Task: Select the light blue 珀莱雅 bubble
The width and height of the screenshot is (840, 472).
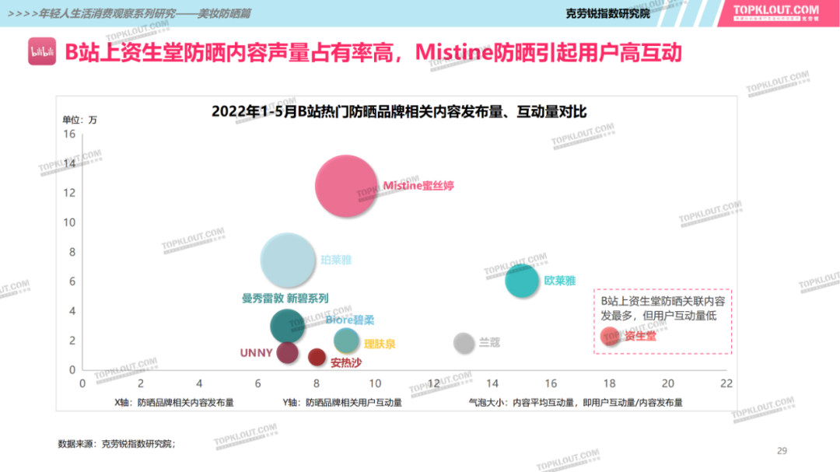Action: point(289,260)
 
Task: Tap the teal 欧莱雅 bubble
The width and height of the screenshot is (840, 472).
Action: point(521,281)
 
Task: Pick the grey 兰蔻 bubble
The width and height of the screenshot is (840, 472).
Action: point(464,342)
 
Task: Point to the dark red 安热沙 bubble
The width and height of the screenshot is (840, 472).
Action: point(317,357)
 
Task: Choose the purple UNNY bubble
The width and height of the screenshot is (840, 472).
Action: point(288,352)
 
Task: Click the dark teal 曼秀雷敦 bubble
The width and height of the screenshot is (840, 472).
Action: point(288,326)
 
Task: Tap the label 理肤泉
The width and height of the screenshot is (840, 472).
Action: point(380,344)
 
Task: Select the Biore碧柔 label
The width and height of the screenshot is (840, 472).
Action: point(350,320)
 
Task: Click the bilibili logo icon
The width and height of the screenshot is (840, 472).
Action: point(41,52)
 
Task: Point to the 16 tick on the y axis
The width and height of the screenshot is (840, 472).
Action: point(69,134)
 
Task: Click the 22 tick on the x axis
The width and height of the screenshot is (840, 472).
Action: point(726,383)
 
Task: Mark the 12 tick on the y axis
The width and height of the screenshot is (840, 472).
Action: point(69,193)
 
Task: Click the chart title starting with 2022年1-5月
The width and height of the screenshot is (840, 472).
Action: point(398,112)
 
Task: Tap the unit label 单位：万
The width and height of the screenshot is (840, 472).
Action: point(80,120)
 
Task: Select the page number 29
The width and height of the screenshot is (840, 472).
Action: point(782,451)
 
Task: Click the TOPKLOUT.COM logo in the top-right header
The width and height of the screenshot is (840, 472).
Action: point(776,12)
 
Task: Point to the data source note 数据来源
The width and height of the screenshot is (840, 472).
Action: point(117,444)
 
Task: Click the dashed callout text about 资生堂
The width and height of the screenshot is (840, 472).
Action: point(661,308)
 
